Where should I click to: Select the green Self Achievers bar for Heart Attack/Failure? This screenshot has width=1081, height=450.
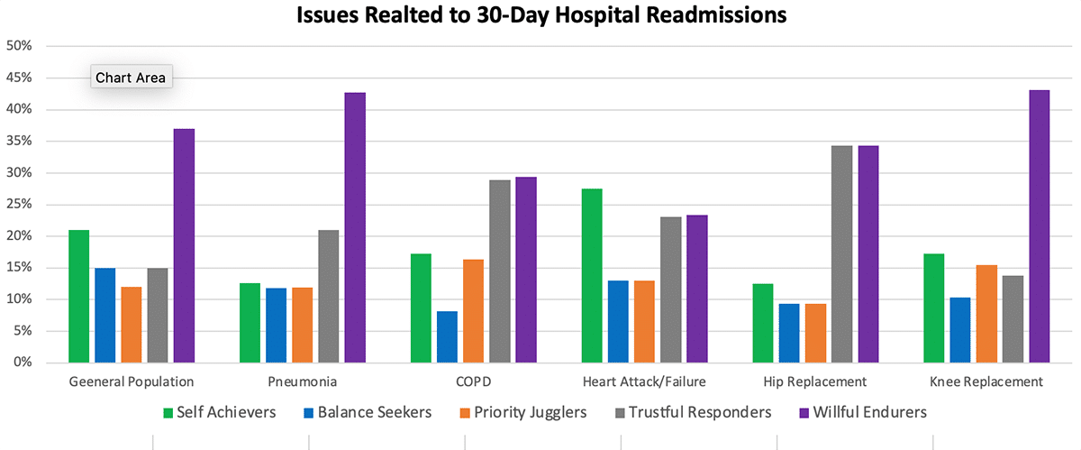[592, 275]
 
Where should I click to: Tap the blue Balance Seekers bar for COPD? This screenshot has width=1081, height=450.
[447, 336]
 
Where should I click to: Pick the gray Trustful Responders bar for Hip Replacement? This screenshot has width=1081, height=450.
[841, 253]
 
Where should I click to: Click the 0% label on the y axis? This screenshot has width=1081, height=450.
[23, 363]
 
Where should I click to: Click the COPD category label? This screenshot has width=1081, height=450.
[473, 381]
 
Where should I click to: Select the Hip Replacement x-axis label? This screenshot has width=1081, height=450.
[814, 381]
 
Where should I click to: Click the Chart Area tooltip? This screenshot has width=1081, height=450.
[131, 78]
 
